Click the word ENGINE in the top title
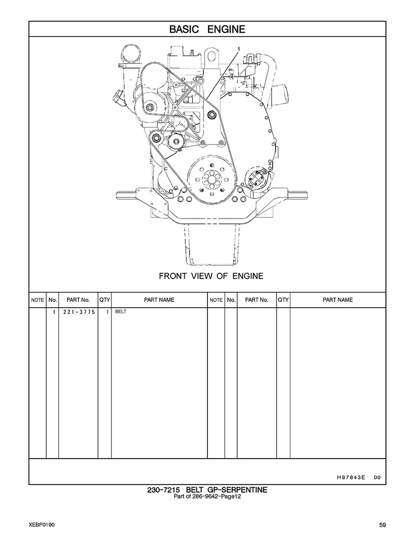coord(226,29)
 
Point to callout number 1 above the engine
coord(239,49)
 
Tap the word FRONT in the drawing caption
coord(172,276)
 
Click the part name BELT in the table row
coord(121,312)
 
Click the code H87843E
coord(350,477)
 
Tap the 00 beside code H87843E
coord(377,477)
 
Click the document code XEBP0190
coord(42,524)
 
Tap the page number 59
coord(382,524)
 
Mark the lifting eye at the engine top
coord(212,55)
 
